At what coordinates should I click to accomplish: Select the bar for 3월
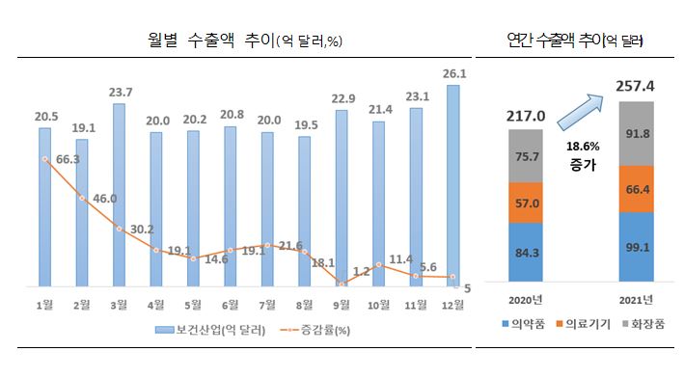click(119, 193)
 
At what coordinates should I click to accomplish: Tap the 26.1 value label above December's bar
click(453, 73)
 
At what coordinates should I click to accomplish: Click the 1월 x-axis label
click(44, 305)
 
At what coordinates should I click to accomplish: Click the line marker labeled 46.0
click(82, 199)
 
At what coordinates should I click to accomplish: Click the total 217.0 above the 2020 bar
click(525, 117)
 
